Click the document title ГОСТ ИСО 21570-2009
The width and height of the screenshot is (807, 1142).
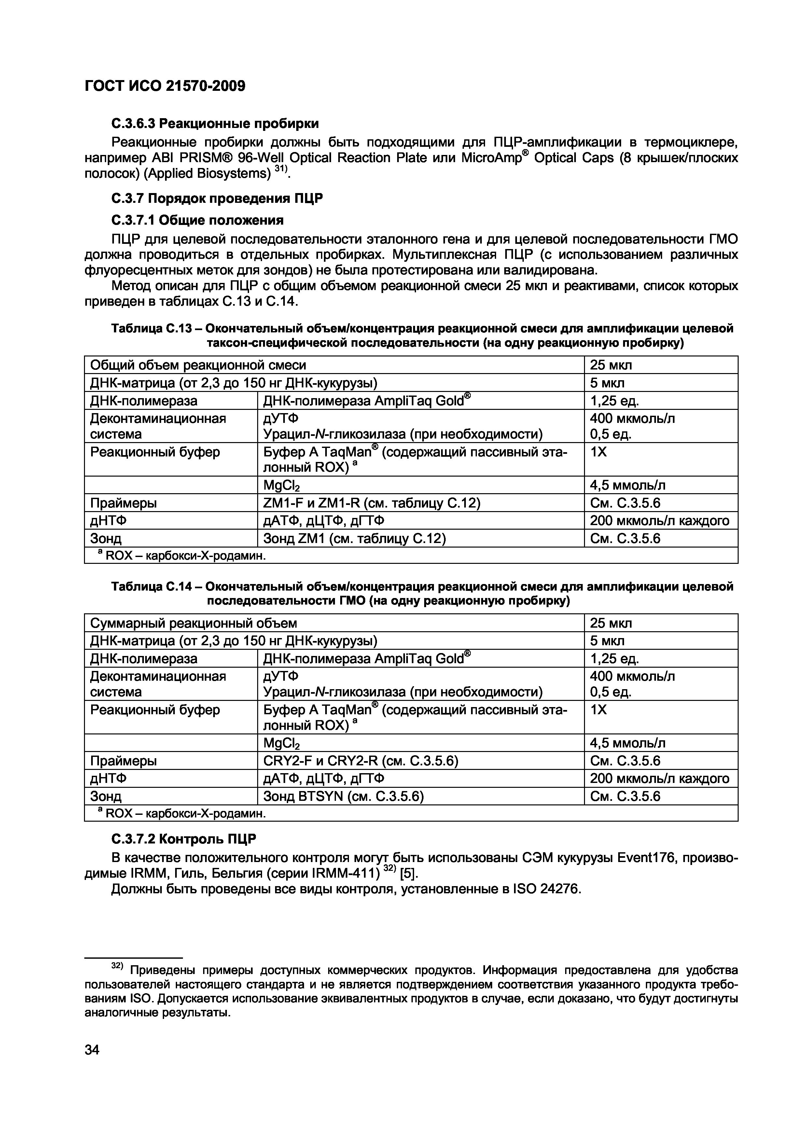pos(165,87)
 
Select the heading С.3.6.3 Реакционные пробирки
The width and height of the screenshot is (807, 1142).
pos(215,123)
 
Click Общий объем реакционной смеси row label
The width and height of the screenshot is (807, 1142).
pos(198,365)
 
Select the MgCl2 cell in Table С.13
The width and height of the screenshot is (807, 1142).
pos(282,485)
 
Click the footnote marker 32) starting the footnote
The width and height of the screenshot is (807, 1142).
pos(117,966)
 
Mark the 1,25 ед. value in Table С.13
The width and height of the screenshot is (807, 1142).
pos(614,400)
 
